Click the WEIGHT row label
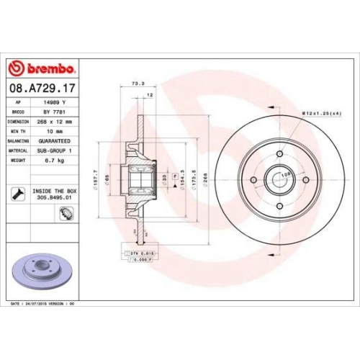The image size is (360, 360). click(18, 161)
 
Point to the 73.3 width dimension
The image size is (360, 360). click(135, 84)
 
